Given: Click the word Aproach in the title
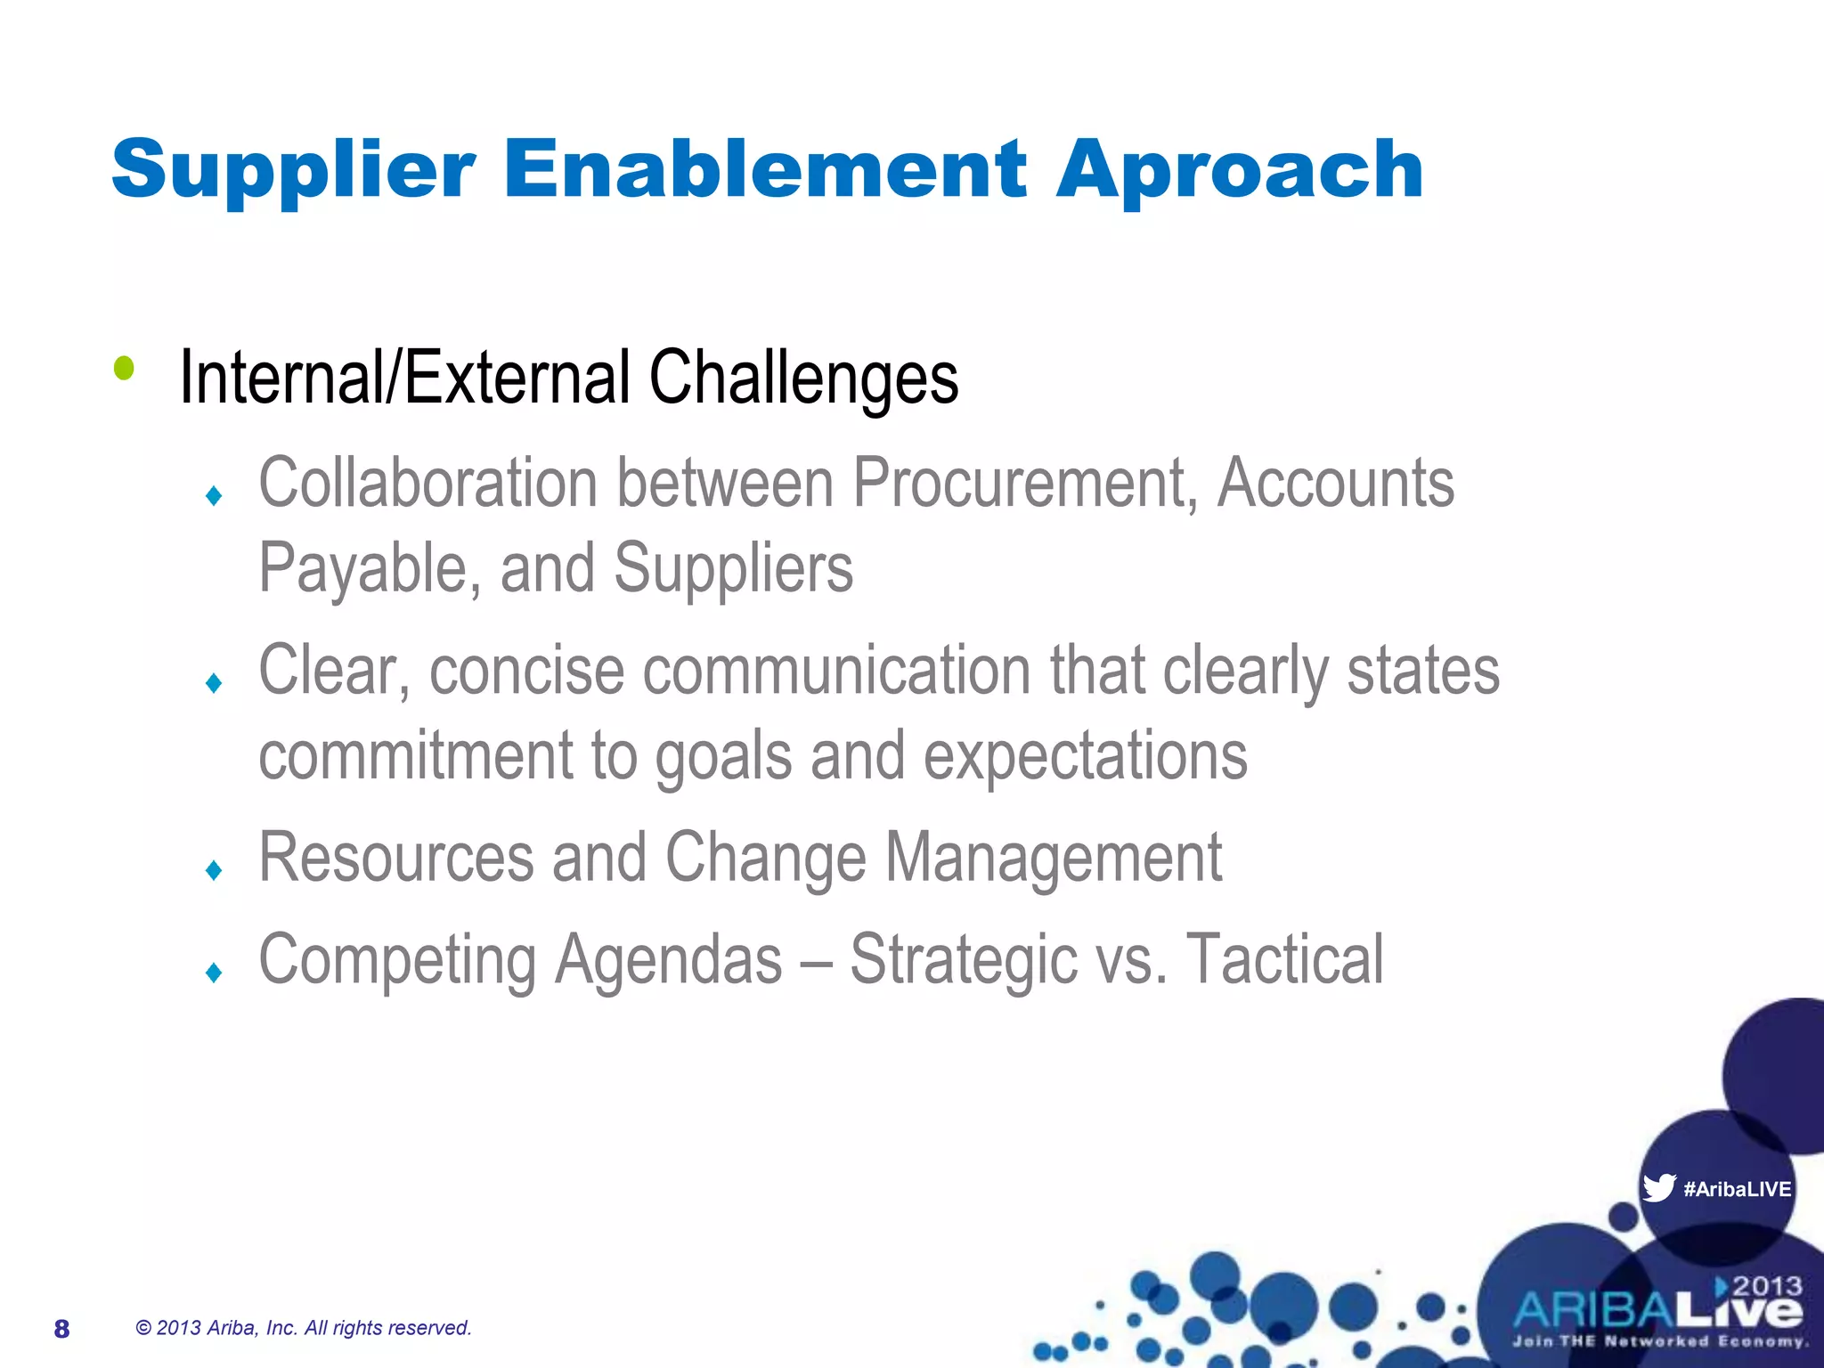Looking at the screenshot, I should pyautogui.click(x=1240, y=171).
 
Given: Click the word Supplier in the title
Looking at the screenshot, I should pyautogui.click(x=294, y=171).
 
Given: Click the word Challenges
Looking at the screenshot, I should pyautogui.click(x=803, y=378).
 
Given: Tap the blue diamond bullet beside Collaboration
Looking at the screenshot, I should pyautogui.click(x=214, y=495).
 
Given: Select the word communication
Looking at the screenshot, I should pyautogui.click(x=835, y=671).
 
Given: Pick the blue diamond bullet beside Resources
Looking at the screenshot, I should pyautogui.click(x=214, y=870).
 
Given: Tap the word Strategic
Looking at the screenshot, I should pyautogui.click(x=964, y=960).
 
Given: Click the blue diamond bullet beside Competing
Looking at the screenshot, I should pyautogui.click(x=214, y=972).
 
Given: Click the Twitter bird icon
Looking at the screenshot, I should pyautogui.click(x=1658, y=1187).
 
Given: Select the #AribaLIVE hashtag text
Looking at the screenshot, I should pyautogui.click(x=1737, y=1189).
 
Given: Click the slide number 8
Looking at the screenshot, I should pyautogui.click(x=61, y=1329).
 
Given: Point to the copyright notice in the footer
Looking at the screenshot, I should pyautogui.click(x=303, y=1328).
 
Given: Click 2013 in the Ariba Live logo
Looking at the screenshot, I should pyautogui.click(x=1767, y=1286).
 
